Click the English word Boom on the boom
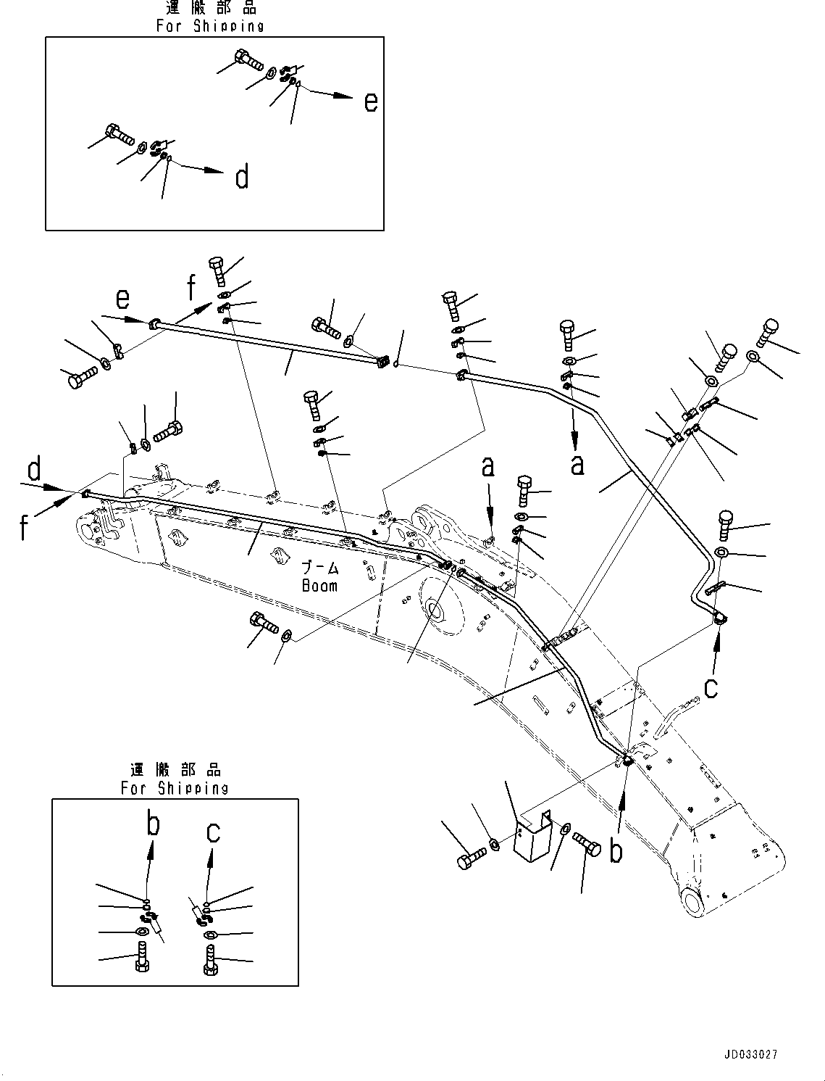click(319, 584)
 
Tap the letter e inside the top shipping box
click(370, 102)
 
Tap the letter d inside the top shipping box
click(242, 176)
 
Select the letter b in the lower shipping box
click(153, 824)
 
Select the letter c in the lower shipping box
click(212, 832)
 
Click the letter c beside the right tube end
click(711, 686)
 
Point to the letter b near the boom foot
click(616, 850)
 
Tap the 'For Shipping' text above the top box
click(210, 26)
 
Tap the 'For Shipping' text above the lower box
click(175, 788)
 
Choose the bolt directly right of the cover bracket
click(586, 844)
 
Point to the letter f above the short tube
click(191, 287)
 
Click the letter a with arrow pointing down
click(577, 464)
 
